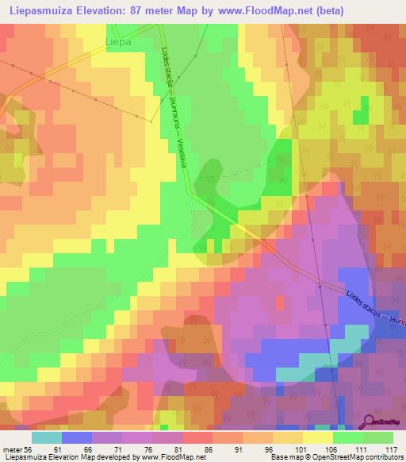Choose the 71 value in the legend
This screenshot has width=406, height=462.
pos(124,449)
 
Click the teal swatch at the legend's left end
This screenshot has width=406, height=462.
pos(46,437)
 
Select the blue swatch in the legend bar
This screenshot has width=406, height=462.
pos(76,437)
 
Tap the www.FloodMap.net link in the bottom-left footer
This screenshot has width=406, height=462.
pos(164,458)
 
